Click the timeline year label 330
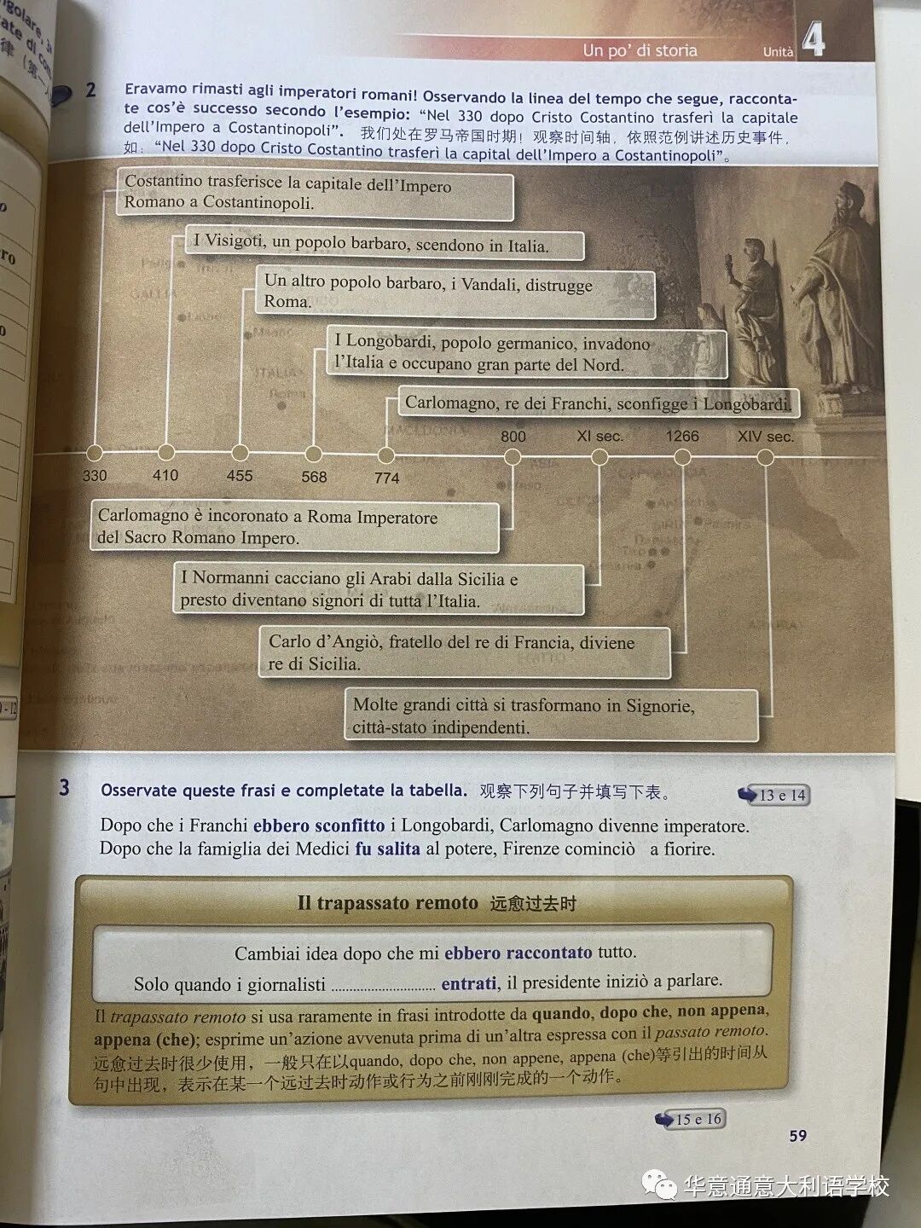95,475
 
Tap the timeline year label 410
165,475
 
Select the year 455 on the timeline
240,475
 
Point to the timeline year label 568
314,477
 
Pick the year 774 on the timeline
387,478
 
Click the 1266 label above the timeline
682,436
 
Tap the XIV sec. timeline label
765,437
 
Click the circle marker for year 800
513,456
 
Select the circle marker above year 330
95,453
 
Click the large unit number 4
814,39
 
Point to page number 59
797,1135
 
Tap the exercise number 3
65,787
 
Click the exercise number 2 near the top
90,90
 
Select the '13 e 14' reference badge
774,795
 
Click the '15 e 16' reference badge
691,1119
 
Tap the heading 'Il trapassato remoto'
387,902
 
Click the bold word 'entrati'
468,983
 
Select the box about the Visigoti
385,244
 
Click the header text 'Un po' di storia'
640,50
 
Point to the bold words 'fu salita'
387,849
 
